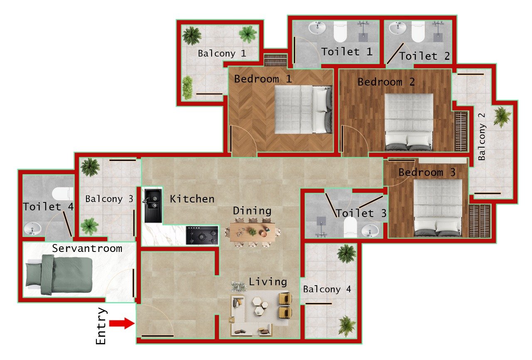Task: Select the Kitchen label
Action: point(192,199)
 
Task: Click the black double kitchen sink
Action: point(152,205)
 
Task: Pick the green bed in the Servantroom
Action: point(58,274)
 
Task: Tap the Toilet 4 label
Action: point(48,207)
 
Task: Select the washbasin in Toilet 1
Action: point(317,28)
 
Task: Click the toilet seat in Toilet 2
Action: point(417,31)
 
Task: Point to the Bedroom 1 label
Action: point(263,79)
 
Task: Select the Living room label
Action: point(268,282)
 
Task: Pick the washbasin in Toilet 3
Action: point(369,229)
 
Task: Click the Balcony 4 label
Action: point(327,289)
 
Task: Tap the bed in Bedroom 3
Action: point(437,208)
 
